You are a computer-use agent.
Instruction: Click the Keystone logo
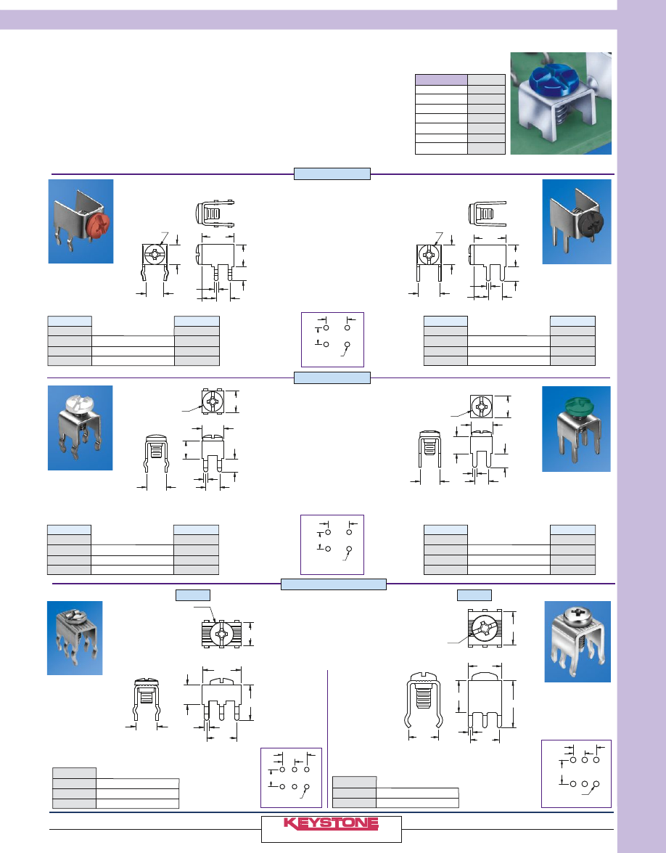pos(330,825)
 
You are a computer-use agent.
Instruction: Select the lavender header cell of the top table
pos(440,80)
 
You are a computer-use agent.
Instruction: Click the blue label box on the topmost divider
pos(332,174)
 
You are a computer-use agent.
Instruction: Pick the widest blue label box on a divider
pos(333,585)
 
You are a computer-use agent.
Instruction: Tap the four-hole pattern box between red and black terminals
pos(332,339)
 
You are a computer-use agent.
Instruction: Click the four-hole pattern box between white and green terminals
pos(332,544)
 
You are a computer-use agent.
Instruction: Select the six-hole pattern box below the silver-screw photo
pos(576,773)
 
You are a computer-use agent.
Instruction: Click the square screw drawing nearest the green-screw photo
pos(483,407)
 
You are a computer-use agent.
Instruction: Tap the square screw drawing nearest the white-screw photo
pos(214,401)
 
